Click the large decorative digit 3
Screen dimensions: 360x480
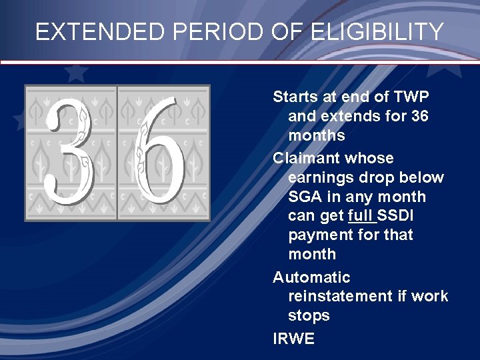point(70,153)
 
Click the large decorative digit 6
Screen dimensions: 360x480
point(162,153)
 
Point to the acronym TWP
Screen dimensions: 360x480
point(410,97)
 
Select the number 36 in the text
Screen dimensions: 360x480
point(421,117)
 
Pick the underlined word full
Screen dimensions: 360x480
point(360,216)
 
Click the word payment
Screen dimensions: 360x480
point(318,235)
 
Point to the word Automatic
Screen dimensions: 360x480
point(311,277)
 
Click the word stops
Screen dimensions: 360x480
point(309,315)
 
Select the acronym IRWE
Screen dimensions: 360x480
point(293,339)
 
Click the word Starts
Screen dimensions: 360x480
point(295,97)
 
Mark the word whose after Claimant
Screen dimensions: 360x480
point(371,159)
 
